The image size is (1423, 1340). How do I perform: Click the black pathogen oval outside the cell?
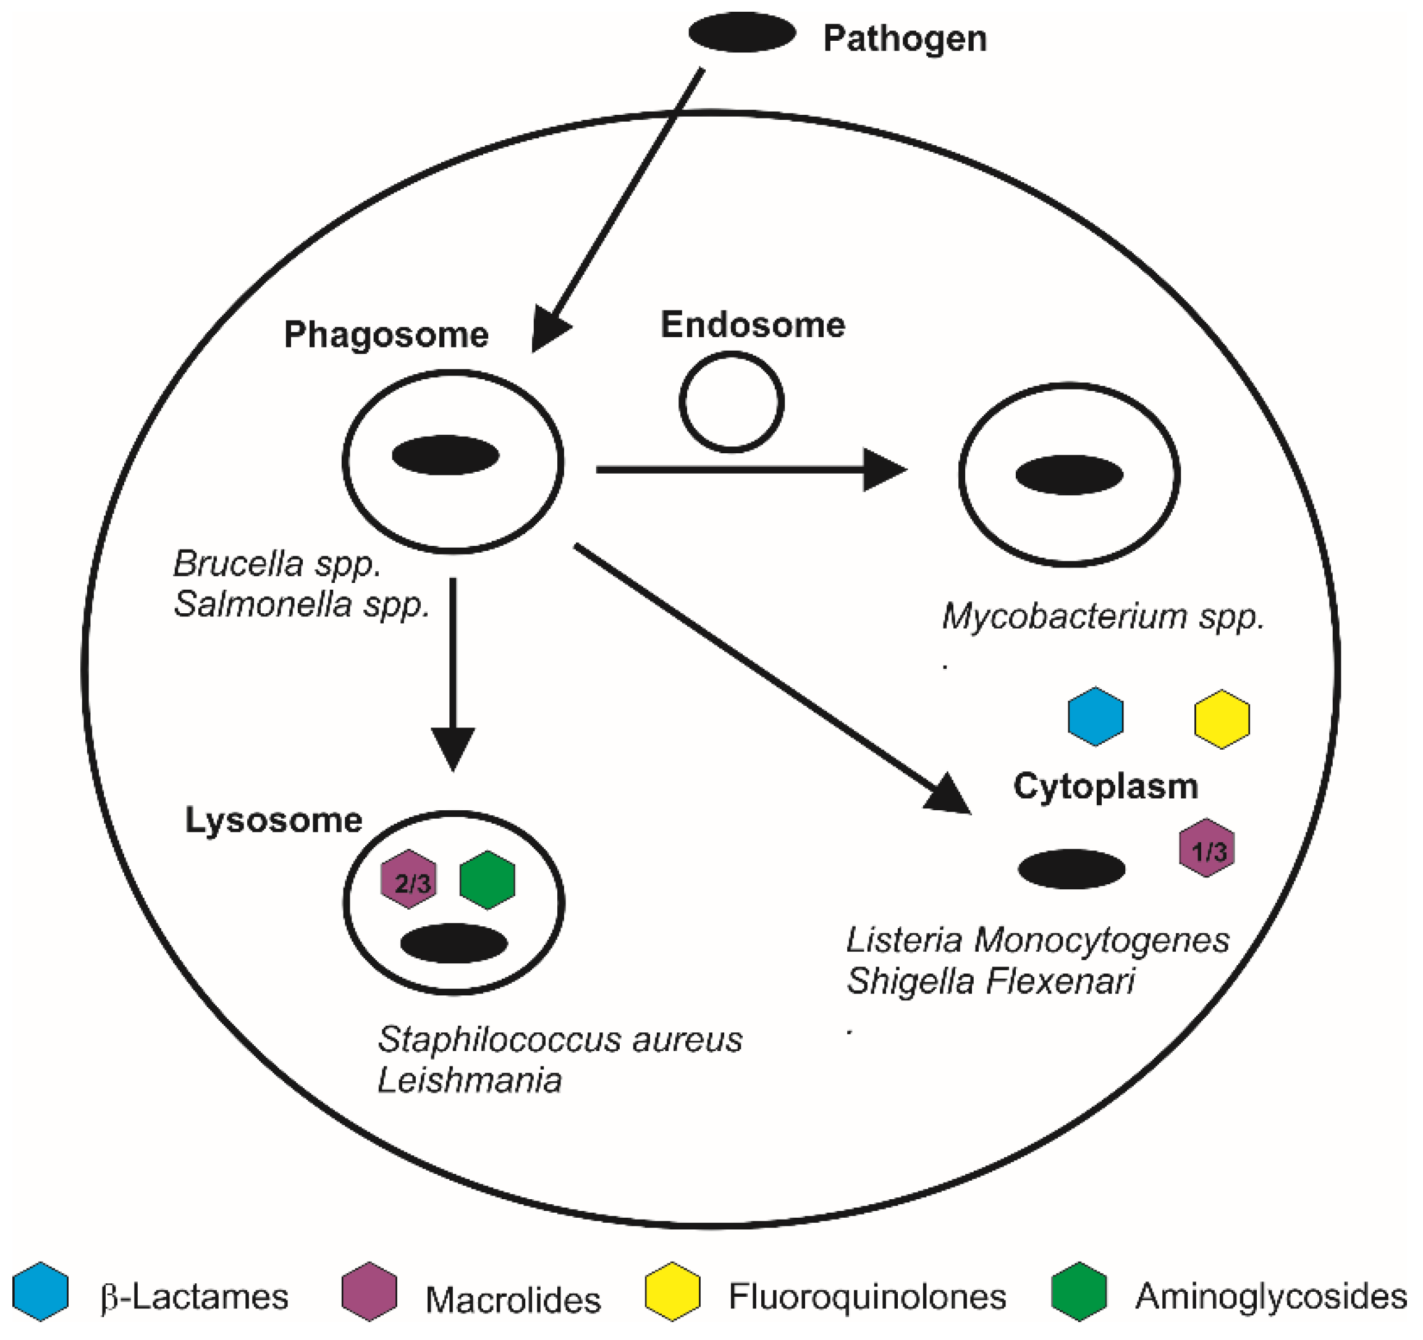pyautogui.click(x=741, y=33)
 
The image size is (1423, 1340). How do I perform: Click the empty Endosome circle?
pyautogui.click(x=731, y=402)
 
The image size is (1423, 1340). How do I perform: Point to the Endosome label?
pyautogui.click(x=753, y=324)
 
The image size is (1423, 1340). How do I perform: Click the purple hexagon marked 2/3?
pyautogui.click(x=408, y=879)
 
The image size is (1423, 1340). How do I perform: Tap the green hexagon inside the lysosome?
pyautogui.click(x=487, y=879)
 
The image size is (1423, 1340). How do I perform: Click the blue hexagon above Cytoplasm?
pyautogui.click(x=1095, y=716)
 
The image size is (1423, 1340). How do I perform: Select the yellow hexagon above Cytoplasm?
pyautogui.click(x=1222, y=718)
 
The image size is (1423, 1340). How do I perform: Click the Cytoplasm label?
pyautogui.click(x=1105, y=786)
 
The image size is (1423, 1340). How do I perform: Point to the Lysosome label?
pyautogui.click(x=274, y=820)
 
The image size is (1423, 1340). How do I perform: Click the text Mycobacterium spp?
pyautogui.click(x=1102, y=616)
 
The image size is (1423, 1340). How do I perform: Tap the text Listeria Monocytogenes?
pyautogui.click(x=1037, y=940)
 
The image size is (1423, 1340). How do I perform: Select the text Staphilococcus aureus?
pyautogui.click(x=560, y=1039)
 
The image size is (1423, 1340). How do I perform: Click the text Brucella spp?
pyautogui.click(x=277, y=564)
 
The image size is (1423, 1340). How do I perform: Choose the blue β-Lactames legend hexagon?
pyautogui.click(x=41, y=1291)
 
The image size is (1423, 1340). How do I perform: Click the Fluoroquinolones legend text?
pyautogui.click(x=867, y=1296)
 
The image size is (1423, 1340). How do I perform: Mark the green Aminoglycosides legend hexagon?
pyautogui.click(x=1079, y=1291)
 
